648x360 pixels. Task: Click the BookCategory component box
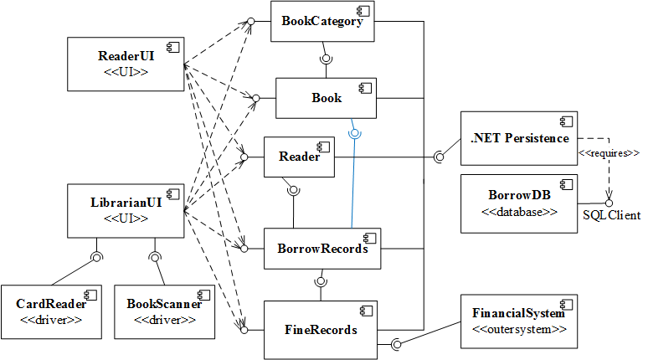(322, 22)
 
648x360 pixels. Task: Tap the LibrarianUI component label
(125, 202)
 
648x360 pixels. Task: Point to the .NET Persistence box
(519, 138)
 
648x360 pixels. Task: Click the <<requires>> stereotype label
(609, 153)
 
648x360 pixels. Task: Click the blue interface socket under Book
(355, 131)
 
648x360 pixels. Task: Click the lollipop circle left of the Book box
(257, 99)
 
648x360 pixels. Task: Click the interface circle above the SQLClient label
(609, 203)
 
